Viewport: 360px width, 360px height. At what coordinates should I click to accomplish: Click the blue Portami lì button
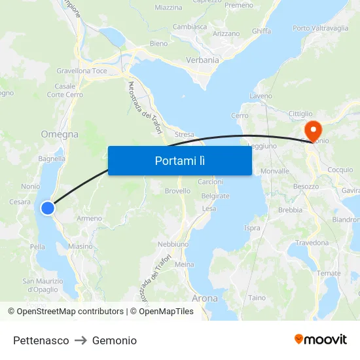tap(179, 160)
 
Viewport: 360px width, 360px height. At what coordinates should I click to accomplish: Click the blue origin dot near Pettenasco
tap(48, 208)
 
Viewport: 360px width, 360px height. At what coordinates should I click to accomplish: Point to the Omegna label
tap(60, 134)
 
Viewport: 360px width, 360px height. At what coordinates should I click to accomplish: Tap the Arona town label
tap(204, 298)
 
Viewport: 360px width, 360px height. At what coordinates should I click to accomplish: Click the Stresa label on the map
tap(184, 135)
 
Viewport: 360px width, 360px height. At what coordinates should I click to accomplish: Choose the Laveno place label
tap(261, 96)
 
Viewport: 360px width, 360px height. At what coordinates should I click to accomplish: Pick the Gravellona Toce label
tap(82, 71)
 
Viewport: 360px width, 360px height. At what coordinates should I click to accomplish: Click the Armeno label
tap(90, 219)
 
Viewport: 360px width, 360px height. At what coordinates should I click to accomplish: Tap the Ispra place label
tap(251, 228)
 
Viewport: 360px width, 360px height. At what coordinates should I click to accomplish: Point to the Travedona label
tap(312, 243)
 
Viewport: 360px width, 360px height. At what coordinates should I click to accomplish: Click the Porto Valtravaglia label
tap(321, 28)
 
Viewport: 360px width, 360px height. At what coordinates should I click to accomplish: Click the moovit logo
tap(320, 340)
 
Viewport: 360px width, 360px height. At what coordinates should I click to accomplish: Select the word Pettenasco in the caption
tap(41, 340)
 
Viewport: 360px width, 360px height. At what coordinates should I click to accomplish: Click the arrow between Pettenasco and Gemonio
tap(81, 340)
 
